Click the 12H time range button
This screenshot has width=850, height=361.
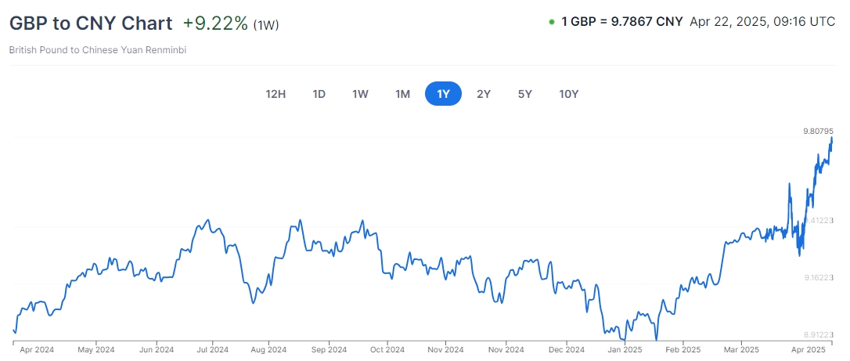point(276,94)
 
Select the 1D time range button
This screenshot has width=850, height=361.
point(319,94)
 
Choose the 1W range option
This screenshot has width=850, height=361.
point(360,94)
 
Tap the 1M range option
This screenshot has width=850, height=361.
point(402,94)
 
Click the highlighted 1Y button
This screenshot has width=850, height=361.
point(443,94)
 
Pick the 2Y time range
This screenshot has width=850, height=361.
point(484,94)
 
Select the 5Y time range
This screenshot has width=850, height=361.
point(524,94)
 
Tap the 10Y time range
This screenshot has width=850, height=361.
point(568,94)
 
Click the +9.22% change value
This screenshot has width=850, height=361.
point(215,23)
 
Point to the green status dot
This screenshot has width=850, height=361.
point(552,22)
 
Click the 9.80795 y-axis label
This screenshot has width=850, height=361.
point(818,131)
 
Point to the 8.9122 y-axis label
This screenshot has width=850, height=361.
point(818,333)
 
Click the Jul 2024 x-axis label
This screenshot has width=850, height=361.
point(212,349)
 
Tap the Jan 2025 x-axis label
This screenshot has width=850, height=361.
point(625,349)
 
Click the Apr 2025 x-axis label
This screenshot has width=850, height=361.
point(809,349)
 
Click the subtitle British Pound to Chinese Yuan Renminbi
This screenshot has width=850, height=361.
point(98,50)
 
